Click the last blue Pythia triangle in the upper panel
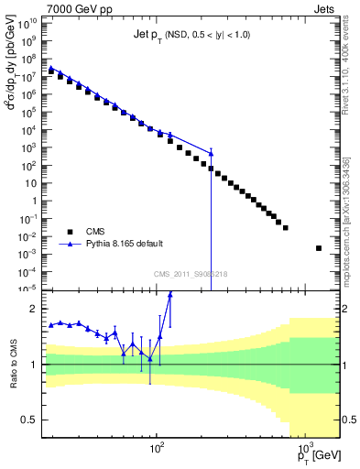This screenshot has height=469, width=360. [x=212, y=154]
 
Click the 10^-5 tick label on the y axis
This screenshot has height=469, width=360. [x=31, y=289]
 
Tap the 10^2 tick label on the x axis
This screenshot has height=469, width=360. [x=157, y=450]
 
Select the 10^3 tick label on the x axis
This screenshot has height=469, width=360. [x=303, y=450]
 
